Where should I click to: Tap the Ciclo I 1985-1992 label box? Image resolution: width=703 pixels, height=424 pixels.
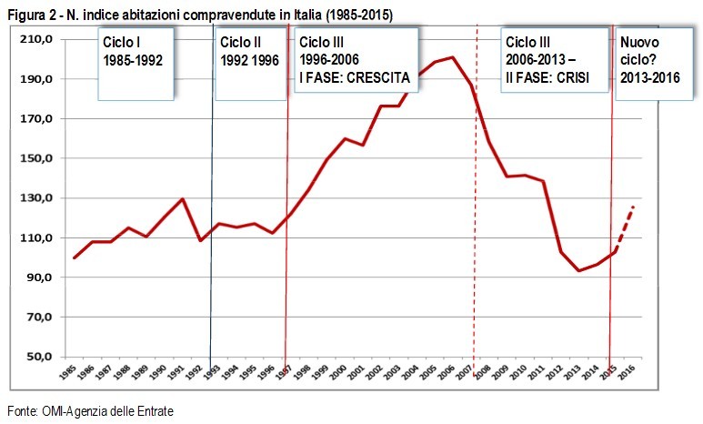(x=136, y=63)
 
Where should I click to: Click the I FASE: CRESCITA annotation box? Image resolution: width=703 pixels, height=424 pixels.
(x=355, y=60)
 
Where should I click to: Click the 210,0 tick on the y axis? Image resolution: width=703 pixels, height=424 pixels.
(x=43, y=39)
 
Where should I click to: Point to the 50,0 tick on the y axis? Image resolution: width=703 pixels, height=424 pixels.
(x=45, y=357)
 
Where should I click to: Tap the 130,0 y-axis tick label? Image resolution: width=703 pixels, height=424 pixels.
(x=43, y=198)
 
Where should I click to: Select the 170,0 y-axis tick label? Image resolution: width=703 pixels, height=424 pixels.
(x=43, y=118)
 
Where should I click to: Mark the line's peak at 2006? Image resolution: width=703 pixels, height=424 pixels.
(x=453, y=57)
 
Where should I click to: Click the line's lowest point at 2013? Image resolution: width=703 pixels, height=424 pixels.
(x=578, y=271)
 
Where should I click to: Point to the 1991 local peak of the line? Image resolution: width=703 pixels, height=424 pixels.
(x=183, y=199)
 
